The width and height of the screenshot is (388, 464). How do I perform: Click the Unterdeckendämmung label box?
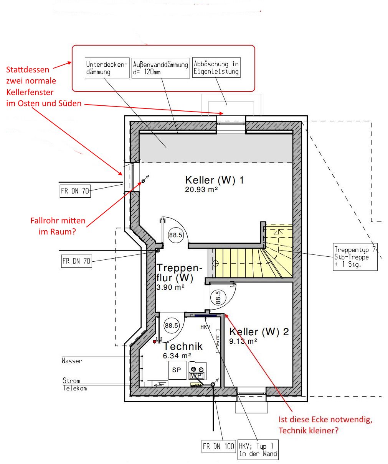point(107,68)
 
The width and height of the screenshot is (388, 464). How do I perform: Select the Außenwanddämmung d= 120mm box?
point(160,68)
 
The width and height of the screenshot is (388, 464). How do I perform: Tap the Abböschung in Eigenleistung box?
point(216,68)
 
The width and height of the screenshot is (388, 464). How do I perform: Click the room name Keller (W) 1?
point(214,180)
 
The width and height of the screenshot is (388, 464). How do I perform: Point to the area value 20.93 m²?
point(201,190)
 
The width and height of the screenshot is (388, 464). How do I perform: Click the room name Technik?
point(183,346)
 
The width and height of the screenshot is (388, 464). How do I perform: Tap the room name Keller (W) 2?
point(259,332)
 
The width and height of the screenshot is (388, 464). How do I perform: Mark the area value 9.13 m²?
point(243,341)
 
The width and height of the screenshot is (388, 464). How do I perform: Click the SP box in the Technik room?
point(177,370)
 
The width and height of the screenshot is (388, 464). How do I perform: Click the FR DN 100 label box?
point(218,446)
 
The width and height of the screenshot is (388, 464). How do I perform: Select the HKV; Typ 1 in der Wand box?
point(258,450)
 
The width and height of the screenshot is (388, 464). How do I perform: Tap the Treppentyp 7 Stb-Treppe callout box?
point(355,257)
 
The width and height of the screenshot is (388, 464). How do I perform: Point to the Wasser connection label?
point(72,361)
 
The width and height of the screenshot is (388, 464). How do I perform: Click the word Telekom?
point(75,388)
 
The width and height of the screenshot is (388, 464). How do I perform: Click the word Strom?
point(71,380)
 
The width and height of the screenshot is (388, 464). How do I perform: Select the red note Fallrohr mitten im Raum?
point(58,226)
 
